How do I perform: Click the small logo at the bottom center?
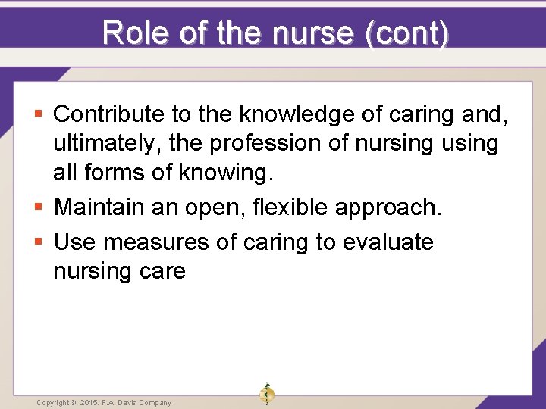266,394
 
